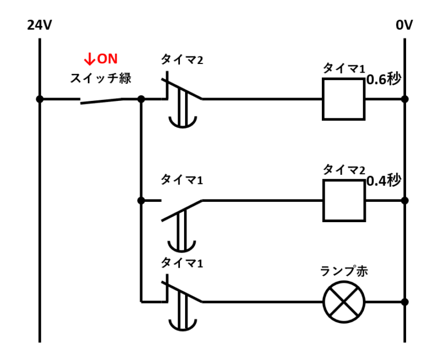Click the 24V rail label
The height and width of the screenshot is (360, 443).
(39, 25)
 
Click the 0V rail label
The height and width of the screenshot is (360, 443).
(404, 25)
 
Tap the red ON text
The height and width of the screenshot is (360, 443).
(107, 59)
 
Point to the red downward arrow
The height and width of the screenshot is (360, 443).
(89, 59)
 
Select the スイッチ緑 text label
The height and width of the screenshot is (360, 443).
(100, 78)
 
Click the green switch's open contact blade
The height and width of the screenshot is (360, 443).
(102, 101)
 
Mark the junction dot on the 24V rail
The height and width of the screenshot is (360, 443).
(39, 99)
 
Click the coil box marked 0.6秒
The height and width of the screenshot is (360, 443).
(344, 99)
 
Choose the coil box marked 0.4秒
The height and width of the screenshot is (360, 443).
(344, 201)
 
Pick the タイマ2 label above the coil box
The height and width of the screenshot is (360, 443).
(344, 170)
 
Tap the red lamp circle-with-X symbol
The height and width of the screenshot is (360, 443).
(344, 302)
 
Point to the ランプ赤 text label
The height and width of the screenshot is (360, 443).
(344, 271)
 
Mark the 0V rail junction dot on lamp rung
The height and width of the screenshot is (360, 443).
(405, 302)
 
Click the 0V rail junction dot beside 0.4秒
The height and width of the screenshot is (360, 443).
(405, 201)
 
